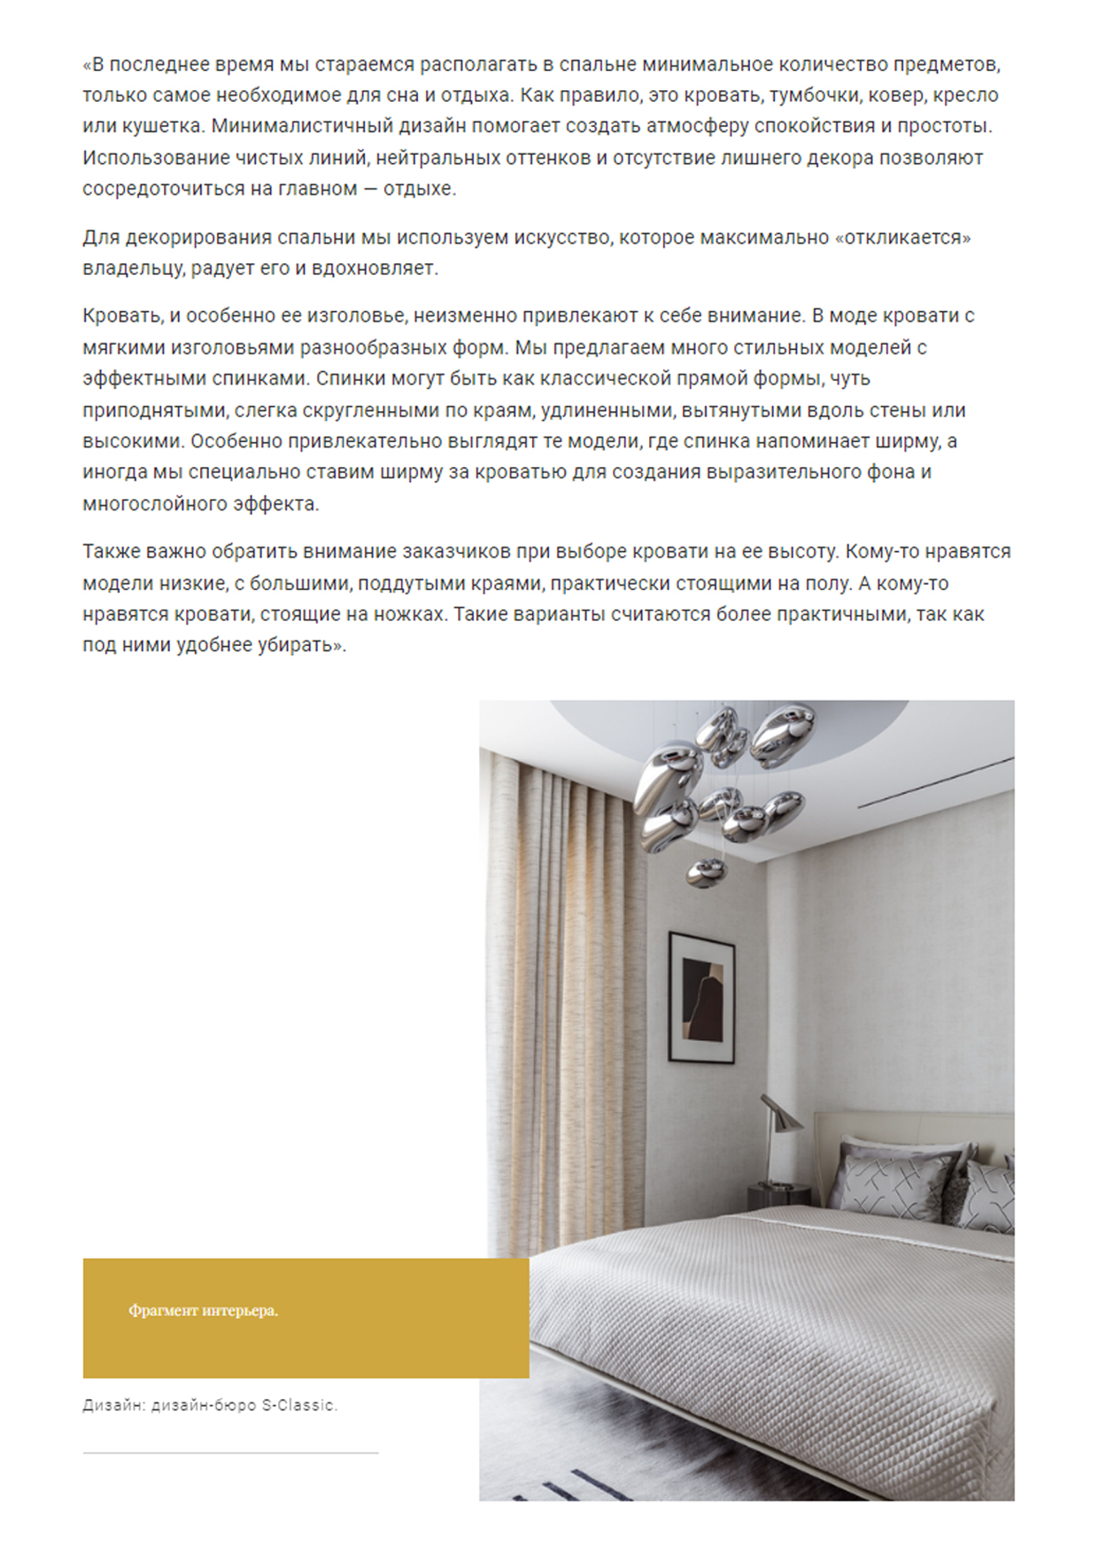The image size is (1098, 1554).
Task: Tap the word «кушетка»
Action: (159, 126)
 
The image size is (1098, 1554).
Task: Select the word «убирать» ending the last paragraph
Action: (298, 645)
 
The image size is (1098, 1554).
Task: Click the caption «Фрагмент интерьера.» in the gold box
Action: (203, 1310)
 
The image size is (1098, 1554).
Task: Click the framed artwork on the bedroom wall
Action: (701, 997)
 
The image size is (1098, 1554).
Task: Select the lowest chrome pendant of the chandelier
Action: (706, 873)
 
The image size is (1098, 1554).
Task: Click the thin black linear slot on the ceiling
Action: (935, 781)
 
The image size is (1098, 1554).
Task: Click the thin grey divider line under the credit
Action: (230, 1453)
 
